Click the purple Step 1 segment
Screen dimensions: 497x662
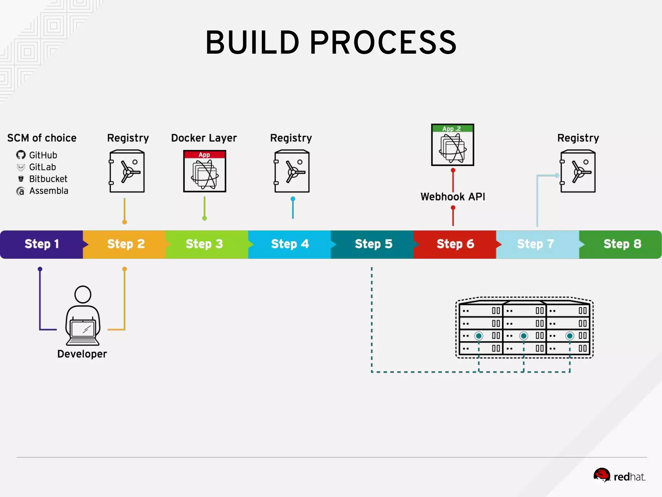tap(41, 244)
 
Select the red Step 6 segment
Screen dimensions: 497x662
tap(455, 244)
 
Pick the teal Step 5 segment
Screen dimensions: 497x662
tap(373, 244)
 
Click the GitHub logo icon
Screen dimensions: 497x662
tap(21, 155)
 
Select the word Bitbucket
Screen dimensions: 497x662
tap(48, 179)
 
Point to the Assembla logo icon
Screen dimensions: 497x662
tap(20, 191)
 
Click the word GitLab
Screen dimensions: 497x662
tap(42, 167)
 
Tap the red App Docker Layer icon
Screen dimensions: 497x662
tap(205, 171)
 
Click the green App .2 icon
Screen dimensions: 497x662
tap(453, 145)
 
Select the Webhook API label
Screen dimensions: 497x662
tap(453, 197)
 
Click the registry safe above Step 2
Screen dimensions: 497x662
tap(127, 171)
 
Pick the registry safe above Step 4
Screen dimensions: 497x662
tap(292, 171)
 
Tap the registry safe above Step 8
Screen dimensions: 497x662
tap(578, 171)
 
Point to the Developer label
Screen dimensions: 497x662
tap(82, 354)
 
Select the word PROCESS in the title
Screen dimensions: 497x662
tap(383, 43)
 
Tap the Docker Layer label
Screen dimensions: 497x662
tap(204, 138)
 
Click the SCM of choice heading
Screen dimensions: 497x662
tap(42, 138)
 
